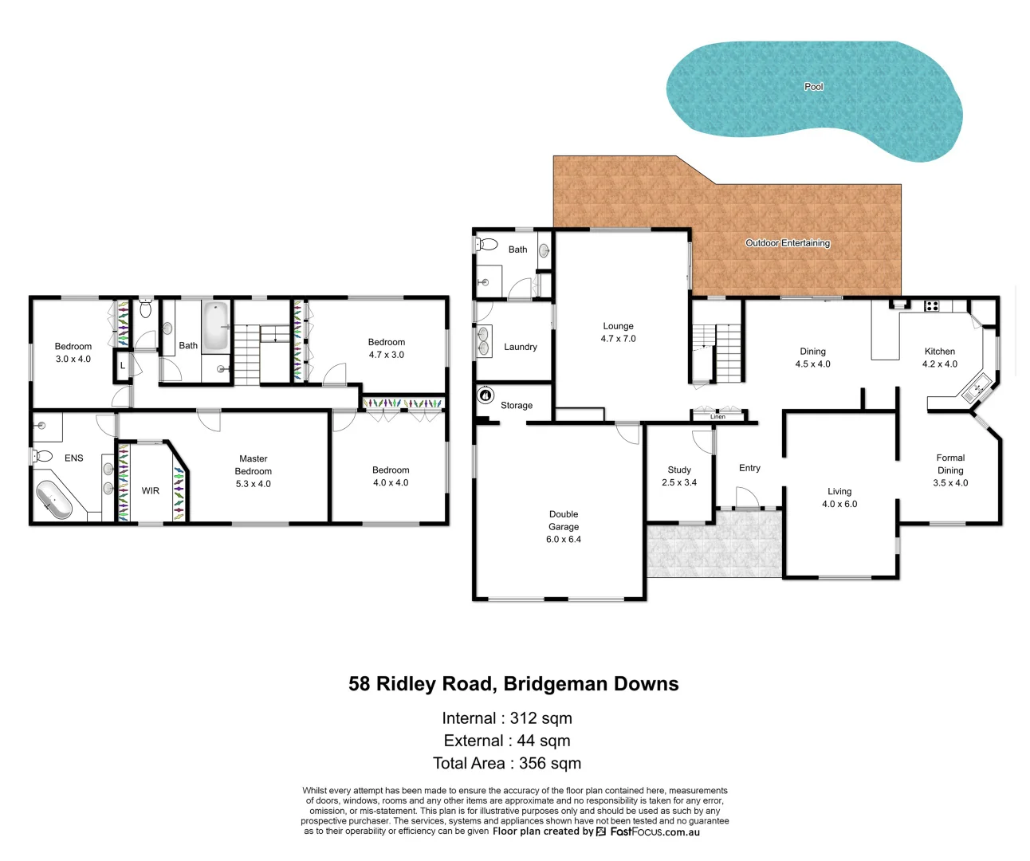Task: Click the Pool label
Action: coord(813,86)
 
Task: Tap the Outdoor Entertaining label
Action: coord(788,242)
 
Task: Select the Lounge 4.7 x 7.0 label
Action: coord(618,332)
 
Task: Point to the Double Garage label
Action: coord(564,526)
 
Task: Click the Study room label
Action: coord(679,476)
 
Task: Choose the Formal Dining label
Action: coord(950,470)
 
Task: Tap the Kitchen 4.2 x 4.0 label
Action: coord(939,357)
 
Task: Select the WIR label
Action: coord(151,491)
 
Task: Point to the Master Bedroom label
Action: coord(253,470)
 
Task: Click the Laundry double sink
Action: coord(484,341)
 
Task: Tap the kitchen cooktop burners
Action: coord(931,305)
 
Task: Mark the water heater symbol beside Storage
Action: coord(485,395)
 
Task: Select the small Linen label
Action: coord(717,416)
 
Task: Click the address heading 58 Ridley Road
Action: coord(513,684)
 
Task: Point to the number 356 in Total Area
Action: coord(533,763)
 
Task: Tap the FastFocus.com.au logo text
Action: coord(655,832)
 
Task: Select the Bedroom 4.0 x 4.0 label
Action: coord(391,476)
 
